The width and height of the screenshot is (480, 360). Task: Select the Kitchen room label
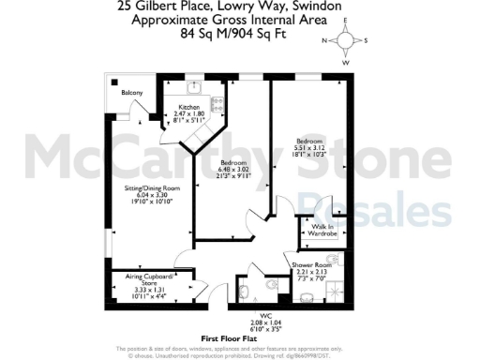click(x=189, y=107)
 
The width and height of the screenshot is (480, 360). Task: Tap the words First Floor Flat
click(x=232, y=337)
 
